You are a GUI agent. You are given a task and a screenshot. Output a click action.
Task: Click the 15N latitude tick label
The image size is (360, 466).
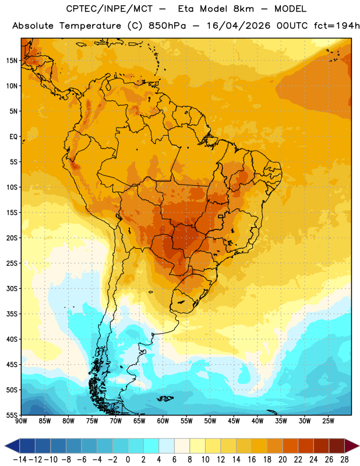tap(12, 61)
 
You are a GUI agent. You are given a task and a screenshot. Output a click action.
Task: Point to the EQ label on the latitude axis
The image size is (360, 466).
tap(13, 137)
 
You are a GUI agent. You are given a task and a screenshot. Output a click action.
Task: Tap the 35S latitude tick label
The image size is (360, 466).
tap(12, 314)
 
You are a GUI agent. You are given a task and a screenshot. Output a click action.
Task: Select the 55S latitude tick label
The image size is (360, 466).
tap(12, 415)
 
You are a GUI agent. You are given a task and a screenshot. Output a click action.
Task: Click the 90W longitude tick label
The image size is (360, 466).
tap(22, 421)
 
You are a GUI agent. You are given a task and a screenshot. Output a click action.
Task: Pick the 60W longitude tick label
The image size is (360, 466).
tap(163, 421)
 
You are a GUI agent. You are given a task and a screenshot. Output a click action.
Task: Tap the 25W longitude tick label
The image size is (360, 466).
tap(328, 421)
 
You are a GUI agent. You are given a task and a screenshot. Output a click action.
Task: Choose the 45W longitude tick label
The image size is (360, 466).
tap(234, 421)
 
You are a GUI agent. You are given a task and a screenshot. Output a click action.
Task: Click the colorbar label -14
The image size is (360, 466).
tap(20, 460)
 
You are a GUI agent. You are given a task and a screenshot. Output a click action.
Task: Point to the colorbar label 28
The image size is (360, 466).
tap(344, 460)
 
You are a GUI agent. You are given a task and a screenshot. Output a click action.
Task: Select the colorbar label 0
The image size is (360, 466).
tap(128, 460)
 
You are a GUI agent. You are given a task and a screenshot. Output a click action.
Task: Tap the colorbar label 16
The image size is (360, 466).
tap(252, 460)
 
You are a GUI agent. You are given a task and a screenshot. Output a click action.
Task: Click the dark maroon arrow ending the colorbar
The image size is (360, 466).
tap(351, 446)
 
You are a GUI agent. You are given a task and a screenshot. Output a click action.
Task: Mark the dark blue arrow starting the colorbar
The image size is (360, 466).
tap(12, 446)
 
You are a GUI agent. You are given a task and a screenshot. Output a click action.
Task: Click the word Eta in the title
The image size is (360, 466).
tap(186, 9)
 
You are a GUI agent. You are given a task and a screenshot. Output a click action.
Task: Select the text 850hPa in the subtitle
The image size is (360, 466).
tap(167, 26)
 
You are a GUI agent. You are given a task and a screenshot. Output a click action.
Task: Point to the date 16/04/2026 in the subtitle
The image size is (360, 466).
tap(238, 26)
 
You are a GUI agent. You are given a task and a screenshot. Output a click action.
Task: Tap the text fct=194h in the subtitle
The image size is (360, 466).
tap(337, 26)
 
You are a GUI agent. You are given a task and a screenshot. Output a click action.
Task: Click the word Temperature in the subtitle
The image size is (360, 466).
tap(90, 26)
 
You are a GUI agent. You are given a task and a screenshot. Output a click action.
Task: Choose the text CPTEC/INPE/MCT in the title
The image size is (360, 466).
tap(109, 9)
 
